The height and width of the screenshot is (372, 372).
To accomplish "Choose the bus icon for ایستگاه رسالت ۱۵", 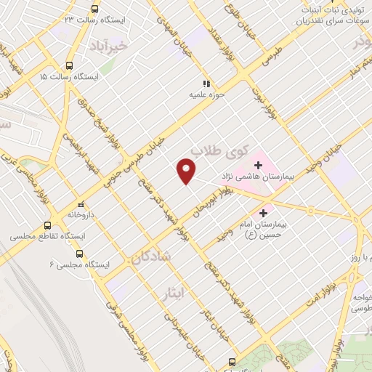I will click(69, 65).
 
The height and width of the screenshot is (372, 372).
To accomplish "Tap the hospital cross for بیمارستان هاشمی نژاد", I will click(259, 166).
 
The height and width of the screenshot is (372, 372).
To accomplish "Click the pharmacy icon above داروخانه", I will click(81, 203).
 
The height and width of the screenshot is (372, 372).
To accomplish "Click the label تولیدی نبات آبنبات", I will click(330, 10).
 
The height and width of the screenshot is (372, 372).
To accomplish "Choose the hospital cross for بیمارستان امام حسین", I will click(263, 212).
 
